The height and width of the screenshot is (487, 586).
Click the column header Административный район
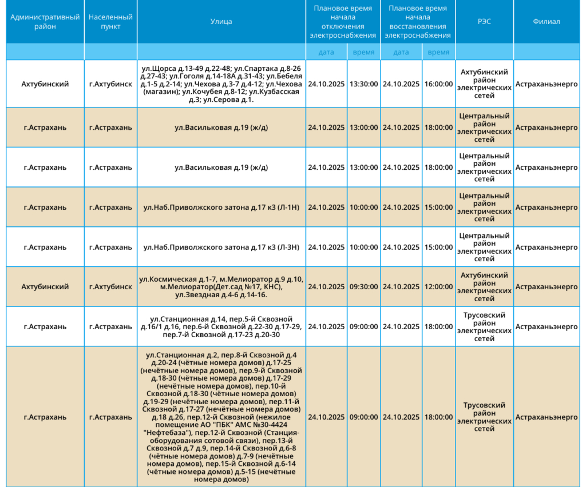coord(45,22)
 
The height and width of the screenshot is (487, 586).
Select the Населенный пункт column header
coord(110,22)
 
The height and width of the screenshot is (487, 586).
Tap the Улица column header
coord(221,22)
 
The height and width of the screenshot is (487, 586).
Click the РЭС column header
coord(484,22)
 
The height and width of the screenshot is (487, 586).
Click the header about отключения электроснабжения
coord(343,22)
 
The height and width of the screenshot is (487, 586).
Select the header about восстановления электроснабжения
coord(417,22)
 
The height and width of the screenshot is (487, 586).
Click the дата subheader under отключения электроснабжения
coord(326,52)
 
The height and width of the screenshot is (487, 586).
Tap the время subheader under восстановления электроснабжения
coord(438,52)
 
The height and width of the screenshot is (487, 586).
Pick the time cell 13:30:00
coord(363,84)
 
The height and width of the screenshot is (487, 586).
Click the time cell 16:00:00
coord(438,84)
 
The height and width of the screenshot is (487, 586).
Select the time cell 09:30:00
coord(363,287)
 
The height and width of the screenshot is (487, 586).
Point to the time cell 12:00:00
coord(438,287)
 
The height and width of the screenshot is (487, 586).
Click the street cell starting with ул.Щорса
coord(221,84)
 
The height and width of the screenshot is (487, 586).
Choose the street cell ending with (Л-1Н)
coord(221,207)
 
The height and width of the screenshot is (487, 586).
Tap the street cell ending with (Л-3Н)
coord(221,248)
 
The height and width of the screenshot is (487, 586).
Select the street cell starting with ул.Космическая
coord(221,287)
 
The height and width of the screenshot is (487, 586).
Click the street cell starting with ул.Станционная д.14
coord(221,327)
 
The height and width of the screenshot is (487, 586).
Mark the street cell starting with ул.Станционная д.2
coord(221,417)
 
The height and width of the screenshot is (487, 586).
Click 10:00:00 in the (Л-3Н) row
coord(363,248)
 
